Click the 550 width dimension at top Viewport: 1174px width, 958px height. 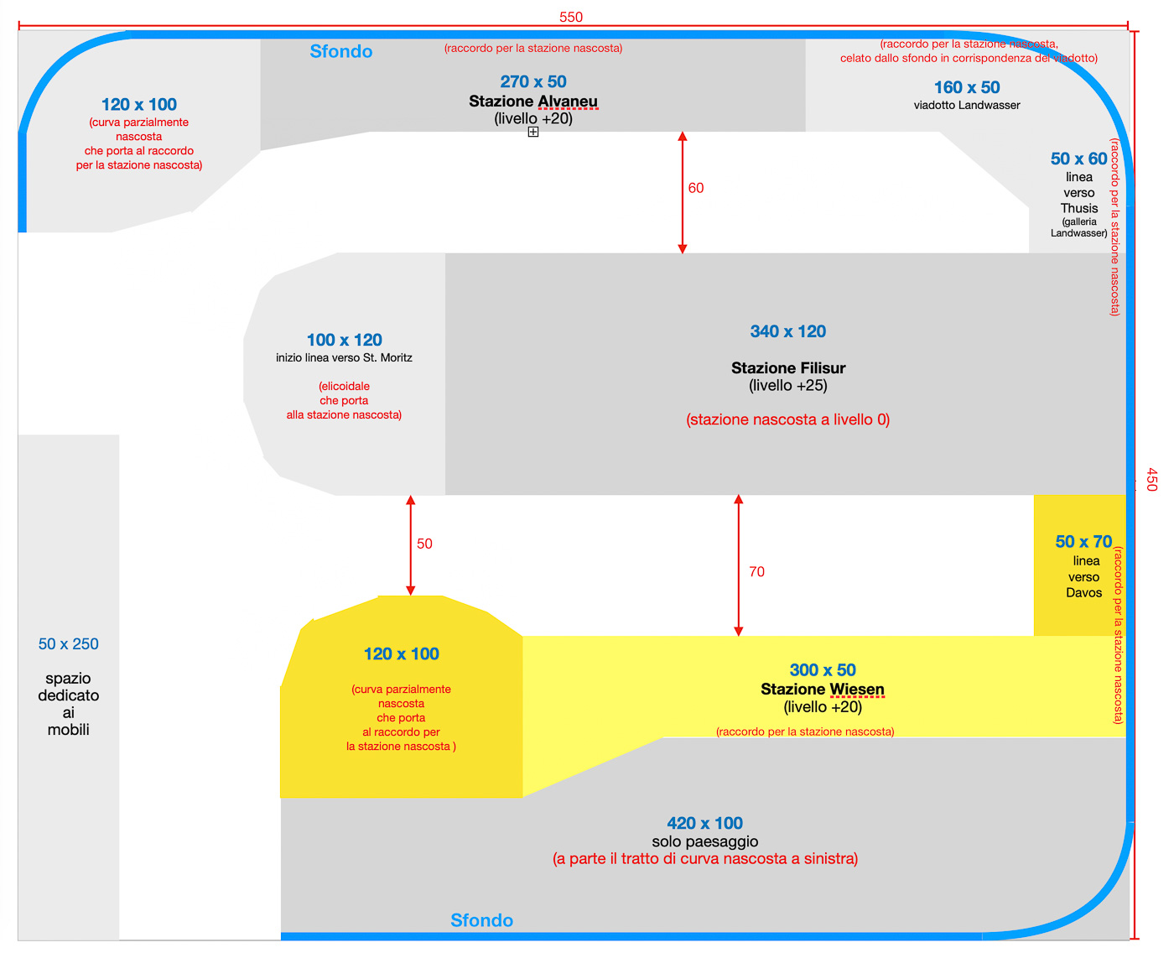(x=571, y=17)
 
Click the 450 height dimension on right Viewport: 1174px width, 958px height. (x=1151, y=480)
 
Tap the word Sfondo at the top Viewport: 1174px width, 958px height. (x=341, y=52)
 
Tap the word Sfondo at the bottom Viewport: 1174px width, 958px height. (x=481, y=920)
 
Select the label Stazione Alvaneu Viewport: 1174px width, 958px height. (x=533, y=102)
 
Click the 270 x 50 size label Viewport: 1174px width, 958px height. (x=533, y=81)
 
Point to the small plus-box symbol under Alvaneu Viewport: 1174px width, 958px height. (x=533, y=132)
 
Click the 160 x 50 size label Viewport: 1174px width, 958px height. (x=967, y=87)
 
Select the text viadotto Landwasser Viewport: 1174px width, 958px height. (x=967, y=106)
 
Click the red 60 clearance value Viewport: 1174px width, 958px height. (x=696, y=188)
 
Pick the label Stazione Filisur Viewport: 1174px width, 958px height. (x=788, y=367)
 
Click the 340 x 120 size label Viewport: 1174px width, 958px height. (x=788, y=331)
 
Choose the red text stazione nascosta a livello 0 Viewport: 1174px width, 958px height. (x=788, y=419)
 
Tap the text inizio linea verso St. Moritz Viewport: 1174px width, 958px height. (x=344, y=358)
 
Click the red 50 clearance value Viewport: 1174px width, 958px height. (x=424, y=544)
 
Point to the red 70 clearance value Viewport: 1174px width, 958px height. (x=756, y=572)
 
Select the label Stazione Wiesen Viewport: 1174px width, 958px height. (x=823, y=690)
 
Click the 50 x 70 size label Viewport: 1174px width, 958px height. (x=1083, y=542)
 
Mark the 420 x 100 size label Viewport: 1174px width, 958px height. (x=705, y=823)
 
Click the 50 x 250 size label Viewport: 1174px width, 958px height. (x=69, y=644)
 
